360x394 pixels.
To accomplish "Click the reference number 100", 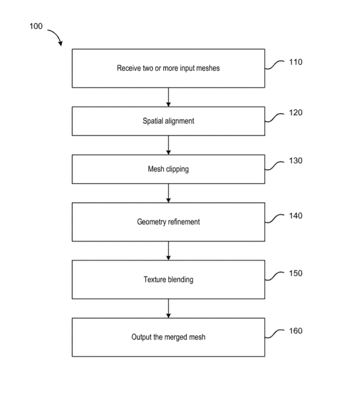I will [x=36, y=27].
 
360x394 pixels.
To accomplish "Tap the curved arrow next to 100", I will [x=55, y=36].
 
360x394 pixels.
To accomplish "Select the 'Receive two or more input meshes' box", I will [x=168, y=68].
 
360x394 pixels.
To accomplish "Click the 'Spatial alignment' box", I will [x=168, y=121].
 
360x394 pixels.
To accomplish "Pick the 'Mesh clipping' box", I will [x=168, y=169].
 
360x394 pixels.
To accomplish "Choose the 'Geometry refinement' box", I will [x=168, y=222].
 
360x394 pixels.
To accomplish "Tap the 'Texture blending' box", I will [x=168, y=280].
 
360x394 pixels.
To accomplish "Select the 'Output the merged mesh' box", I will [x=168, y=337].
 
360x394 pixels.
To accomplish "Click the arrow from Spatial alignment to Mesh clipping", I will [x=169, y=145].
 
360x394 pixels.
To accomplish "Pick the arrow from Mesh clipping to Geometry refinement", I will [x=169, y=193].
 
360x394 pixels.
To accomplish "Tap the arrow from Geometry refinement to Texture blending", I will [x=169, y=251].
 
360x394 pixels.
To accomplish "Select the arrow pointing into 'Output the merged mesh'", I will [x=169, y=308].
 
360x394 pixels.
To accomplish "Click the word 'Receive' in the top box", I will [x=128, y=68].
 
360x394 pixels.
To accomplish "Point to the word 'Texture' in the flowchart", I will [x=154, y=280].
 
